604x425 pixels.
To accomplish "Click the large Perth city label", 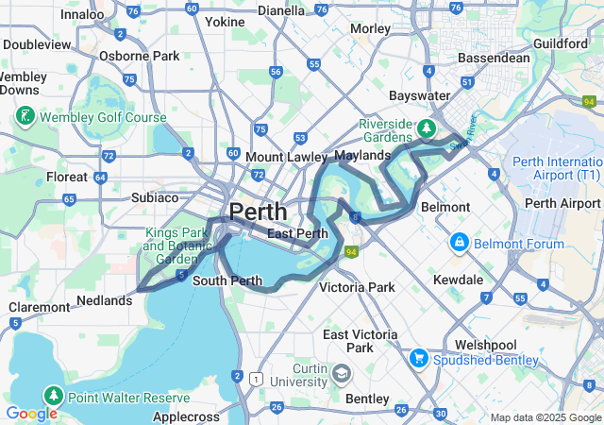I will click(x=259, y=212).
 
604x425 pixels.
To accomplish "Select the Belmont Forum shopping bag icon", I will click(x=460, y=244).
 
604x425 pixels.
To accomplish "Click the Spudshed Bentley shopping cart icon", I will click(x=419, y=359).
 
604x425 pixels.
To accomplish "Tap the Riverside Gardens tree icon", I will click(x=428, y=127).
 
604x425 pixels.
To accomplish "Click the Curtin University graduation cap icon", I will click(x=339, y=374).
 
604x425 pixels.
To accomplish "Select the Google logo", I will click(x=31, y=414).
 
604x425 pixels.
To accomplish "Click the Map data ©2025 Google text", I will click(x=545, y=417).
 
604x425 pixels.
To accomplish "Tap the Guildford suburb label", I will click(x=561, y=43).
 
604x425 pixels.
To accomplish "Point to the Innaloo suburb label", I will click(x=82, y=14).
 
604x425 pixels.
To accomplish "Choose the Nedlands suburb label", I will click(x=104, y=300).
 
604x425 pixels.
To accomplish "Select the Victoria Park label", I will click(x=356, y=286).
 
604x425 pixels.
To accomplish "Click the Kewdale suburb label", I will click(x=458, y=280).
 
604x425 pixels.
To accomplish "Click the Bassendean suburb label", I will click(x=494, y=58).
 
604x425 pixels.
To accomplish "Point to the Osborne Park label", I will click(x=139, y=56).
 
